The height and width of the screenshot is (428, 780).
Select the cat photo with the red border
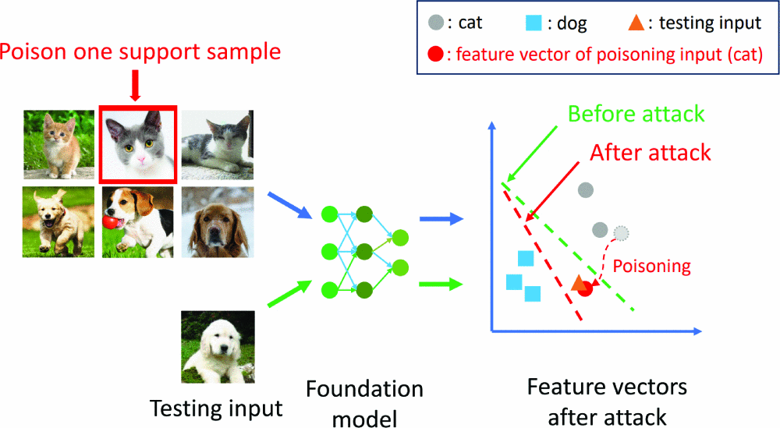click(138, 143)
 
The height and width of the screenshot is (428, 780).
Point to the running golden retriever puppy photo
click(60, 221)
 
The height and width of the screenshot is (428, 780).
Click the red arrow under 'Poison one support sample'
click(136, 85)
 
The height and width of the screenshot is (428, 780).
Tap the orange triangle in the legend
click(636, 23)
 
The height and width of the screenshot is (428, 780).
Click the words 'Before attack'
click(636, 115)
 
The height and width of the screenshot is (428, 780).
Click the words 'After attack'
click(651, 151)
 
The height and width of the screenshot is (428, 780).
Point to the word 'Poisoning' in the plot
click(651, 266)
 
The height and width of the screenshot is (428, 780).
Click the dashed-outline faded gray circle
click(621, 232)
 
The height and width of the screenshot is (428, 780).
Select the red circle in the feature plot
click(585, 288)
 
